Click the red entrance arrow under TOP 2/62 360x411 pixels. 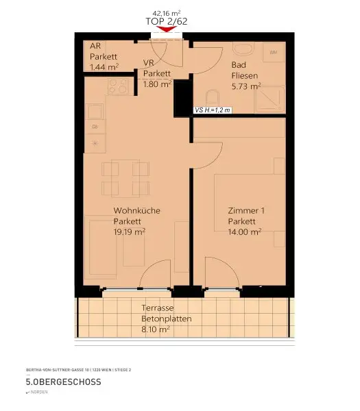coord(167,29)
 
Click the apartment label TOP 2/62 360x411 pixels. coord(167,21)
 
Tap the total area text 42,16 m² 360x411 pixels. coord(167,12)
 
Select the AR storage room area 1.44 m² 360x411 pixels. coord(104,67)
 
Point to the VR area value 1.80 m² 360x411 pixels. coord(157,84)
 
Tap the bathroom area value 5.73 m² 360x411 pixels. coord(246,86)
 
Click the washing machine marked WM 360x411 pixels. coord(274,53)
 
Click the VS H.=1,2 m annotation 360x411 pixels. coord(213,110)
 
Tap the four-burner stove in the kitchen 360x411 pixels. coord(118,88)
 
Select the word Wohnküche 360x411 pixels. coord(136,211)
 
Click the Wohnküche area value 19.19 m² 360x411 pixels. coord(129,232)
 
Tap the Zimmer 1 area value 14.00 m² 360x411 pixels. coord(244,232)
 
